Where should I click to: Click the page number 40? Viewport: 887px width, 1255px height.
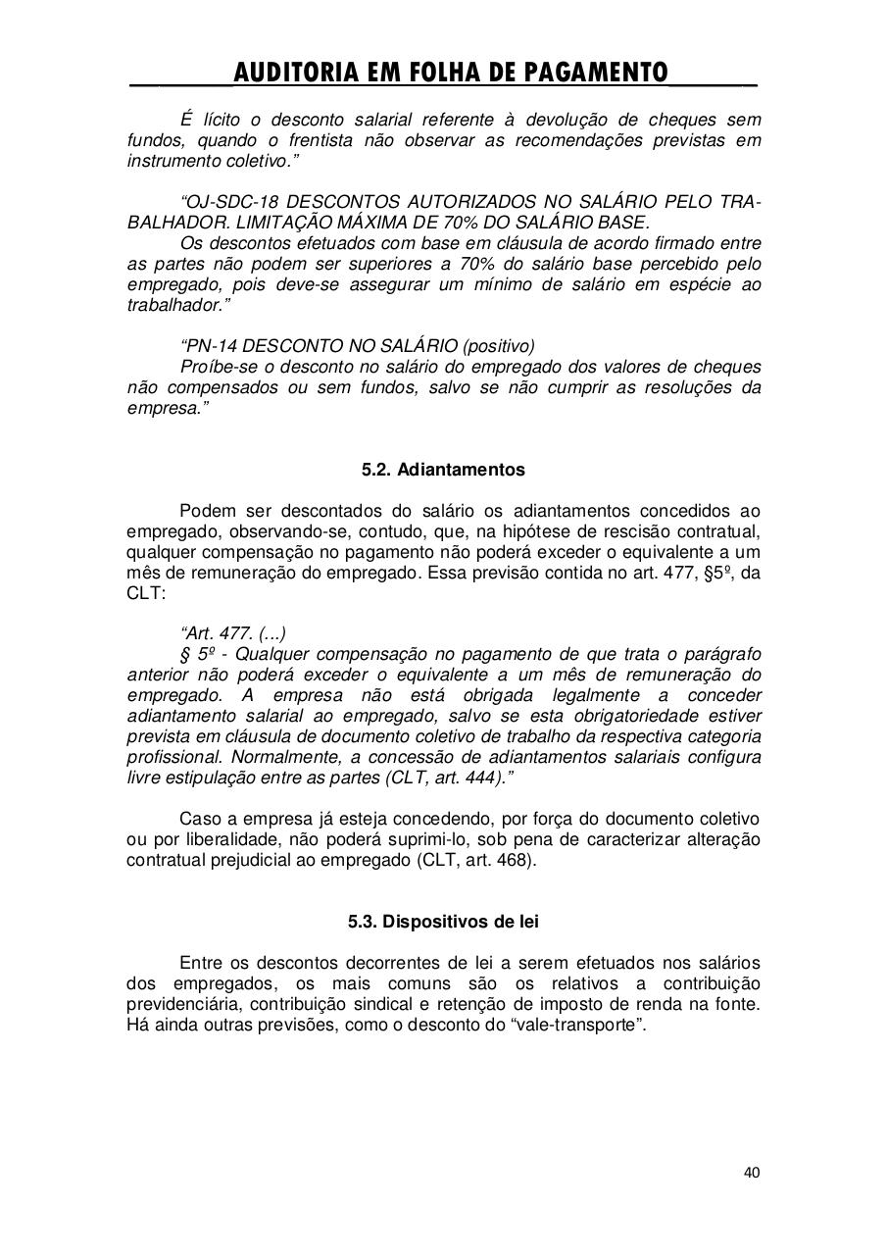752,1173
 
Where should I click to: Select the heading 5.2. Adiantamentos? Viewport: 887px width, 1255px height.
443,470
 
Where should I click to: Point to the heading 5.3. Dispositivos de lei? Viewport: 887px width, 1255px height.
443,922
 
